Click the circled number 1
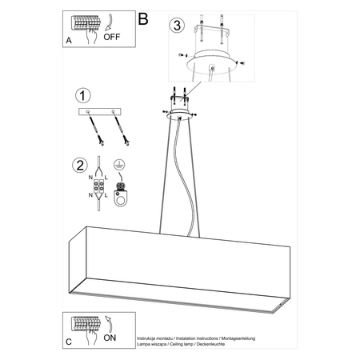tap(81, 96)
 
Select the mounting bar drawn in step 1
tap(102, 111)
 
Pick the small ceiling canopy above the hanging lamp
tap(180, 115)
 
